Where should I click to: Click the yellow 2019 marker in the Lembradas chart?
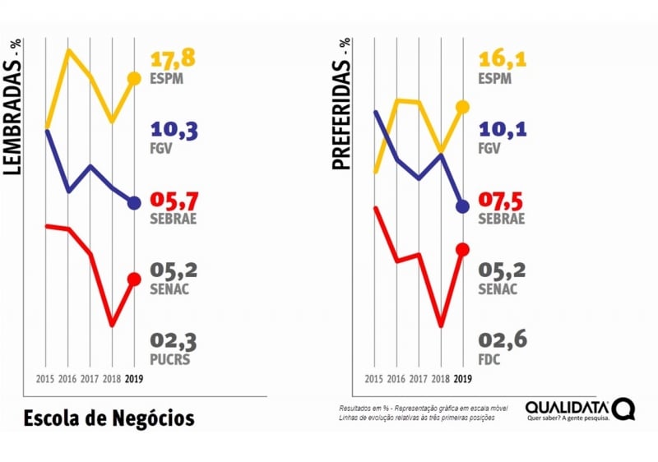pos(134,79)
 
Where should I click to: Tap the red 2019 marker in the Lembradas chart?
pos(134,280)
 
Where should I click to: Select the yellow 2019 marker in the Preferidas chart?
pos(462,107)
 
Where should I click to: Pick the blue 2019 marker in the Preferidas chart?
pos(462,206)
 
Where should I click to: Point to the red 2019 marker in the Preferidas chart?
pos(462,249)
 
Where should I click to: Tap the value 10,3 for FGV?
pos(174,132)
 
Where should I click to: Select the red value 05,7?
pos(174,201)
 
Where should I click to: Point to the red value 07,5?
pos(503,201)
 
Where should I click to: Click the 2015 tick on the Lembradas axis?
pos(45,379)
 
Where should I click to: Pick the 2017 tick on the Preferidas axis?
pos(418,379)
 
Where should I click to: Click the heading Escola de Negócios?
pos(109,418)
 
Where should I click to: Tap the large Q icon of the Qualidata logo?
pos(623,409)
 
